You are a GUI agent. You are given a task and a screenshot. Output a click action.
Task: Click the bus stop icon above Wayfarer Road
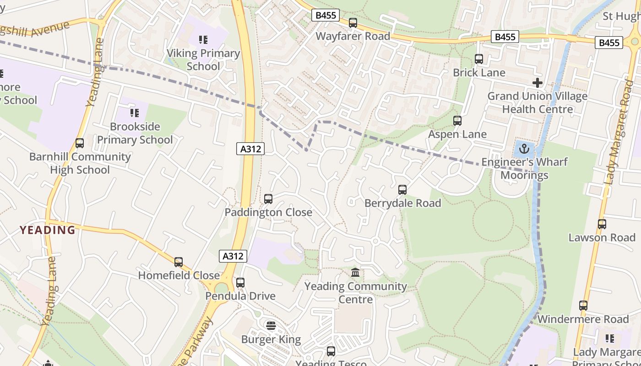(x=353, y=22)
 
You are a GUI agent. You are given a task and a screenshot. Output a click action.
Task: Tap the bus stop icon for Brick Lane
(x=479, y=59)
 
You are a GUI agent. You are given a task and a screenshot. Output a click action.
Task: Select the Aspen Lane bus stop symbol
(x=457, y=121)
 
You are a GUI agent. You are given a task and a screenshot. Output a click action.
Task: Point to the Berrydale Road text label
(x=402, y=203)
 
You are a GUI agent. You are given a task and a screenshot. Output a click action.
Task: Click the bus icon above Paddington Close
(x=268, y=199)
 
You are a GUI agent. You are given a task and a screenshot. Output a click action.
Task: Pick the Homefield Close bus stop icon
(x=179, y=262)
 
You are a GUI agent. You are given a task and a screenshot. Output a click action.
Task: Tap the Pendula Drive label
(x=240, y=296)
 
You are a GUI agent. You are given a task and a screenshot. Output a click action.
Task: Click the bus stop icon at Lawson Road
(x=602, y=224)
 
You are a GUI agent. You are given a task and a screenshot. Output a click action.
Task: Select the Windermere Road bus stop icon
(x=583, y=305)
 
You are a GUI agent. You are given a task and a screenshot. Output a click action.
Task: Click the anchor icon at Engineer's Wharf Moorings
(x=525, y=148)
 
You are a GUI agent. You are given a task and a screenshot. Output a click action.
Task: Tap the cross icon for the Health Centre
(x=538, y=83)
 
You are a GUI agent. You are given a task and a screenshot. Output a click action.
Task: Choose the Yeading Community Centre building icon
(x=355, y=273)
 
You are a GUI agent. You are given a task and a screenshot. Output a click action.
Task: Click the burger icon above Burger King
(x=271, y=326)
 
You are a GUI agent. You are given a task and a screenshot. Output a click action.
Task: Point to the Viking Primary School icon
(x=203, y=40)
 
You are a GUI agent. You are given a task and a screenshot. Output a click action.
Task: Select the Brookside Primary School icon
(x=135, y=113)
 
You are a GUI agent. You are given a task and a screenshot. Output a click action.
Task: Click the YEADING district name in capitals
(x=48, y=230)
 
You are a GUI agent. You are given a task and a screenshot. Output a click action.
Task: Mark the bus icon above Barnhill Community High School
(x=80, y=143)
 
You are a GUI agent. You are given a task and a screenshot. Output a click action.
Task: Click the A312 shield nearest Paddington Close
(x=250, y=149)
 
